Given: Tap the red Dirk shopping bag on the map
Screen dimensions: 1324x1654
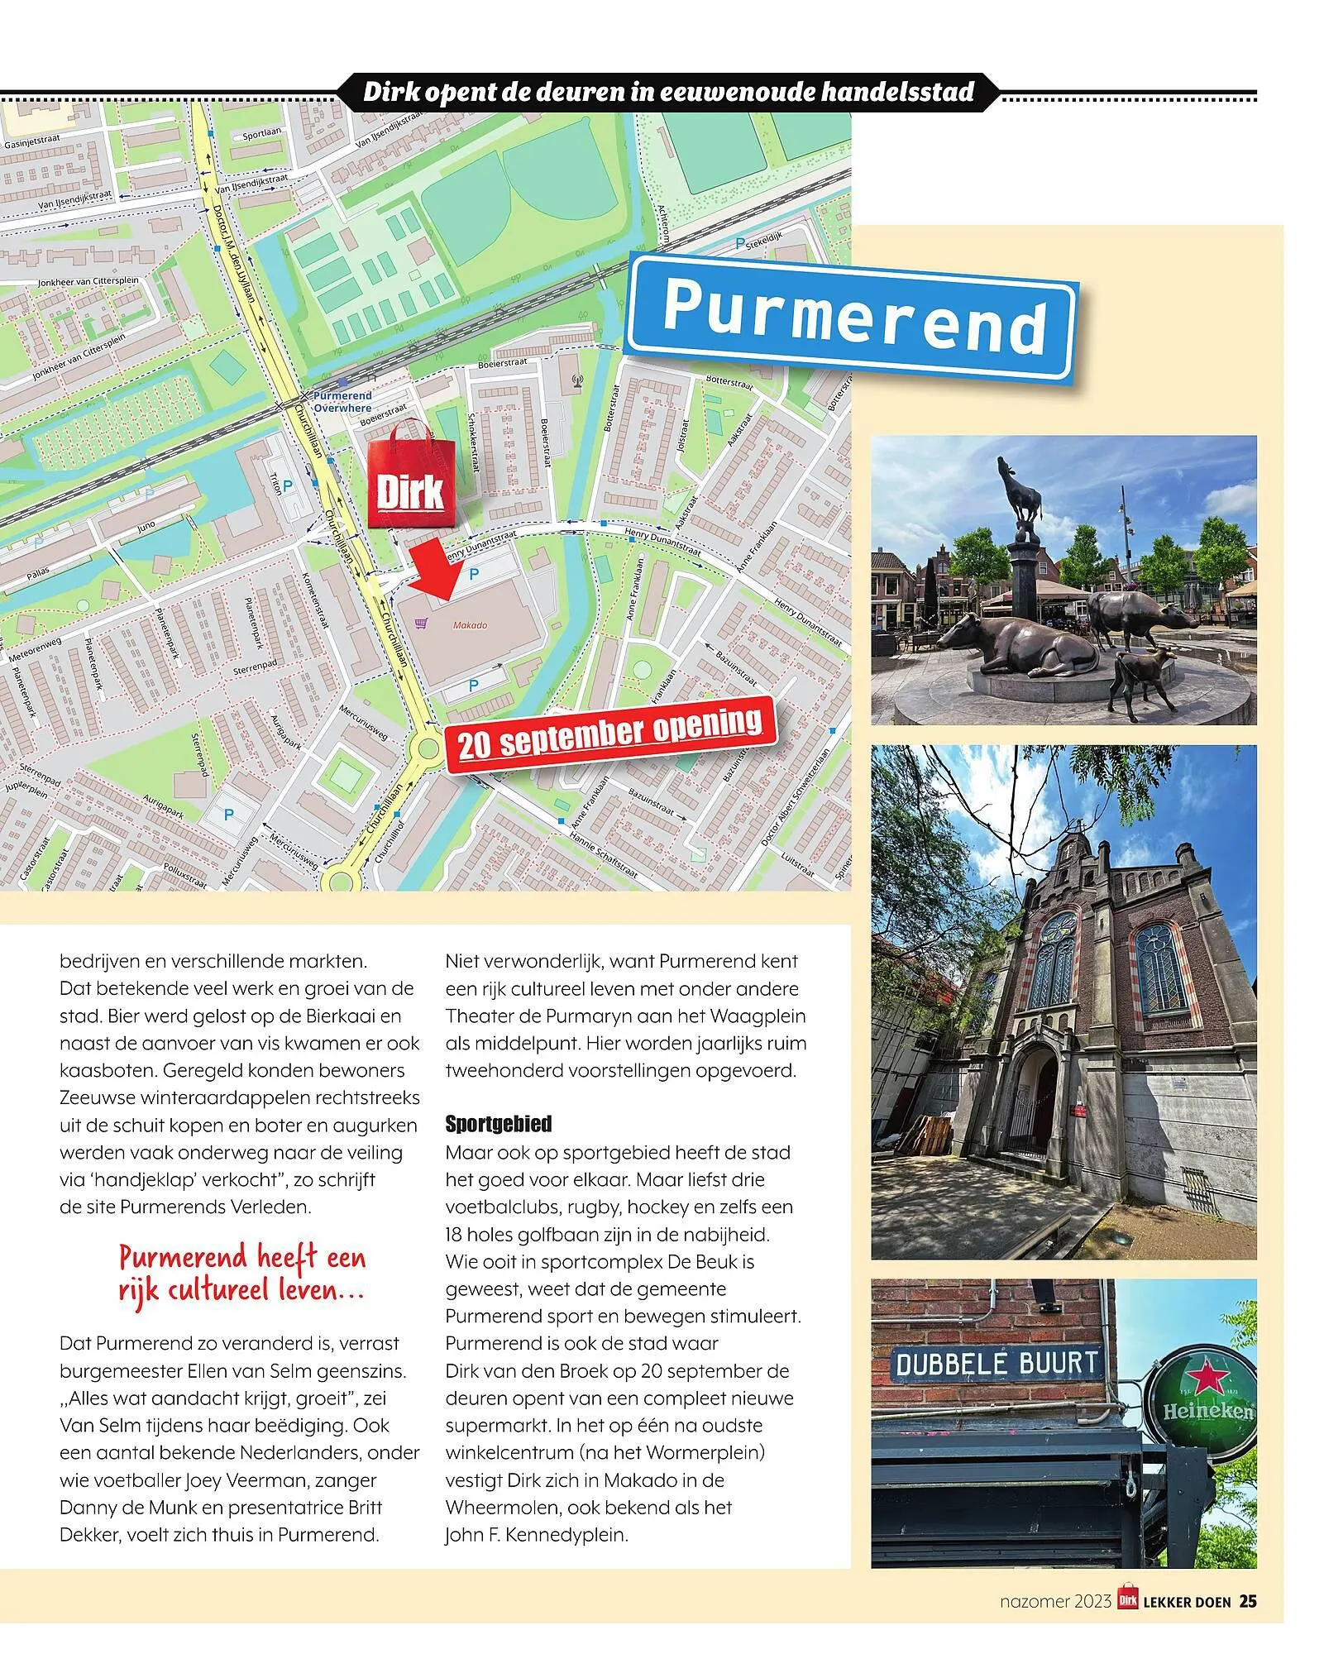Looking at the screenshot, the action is coord(411,476).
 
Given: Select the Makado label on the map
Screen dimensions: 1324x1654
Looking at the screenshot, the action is coord(470,625).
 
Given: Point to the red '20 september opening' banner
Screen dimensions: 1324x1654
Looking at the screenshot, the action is coord(611,733).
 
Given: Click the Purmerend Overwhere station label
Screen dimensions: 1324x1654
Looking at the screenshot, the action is coord(342,402).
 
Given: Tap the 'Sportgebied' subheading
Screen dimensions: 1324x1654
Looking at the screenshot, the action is coord(498,1124).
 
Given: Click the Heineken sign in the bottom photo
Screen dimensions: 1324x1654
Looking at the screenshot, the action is coord(1203,1408).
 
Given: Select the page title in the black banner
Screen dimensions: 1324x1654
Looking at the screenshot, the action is coord(668,92).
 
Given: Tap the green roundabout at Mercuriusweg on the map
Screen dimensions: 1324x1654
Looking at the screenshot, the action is coord(428,749).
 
